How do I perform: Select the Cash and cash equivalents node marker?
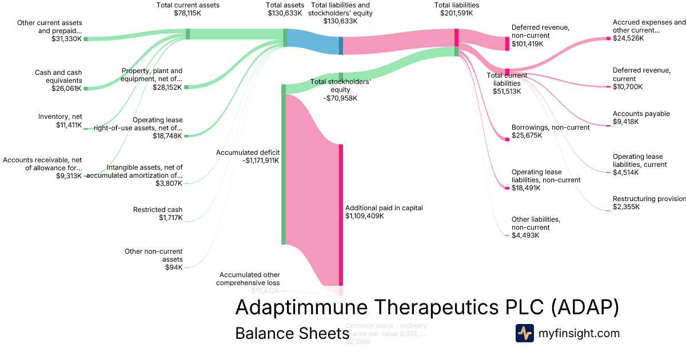[x=86, y=89]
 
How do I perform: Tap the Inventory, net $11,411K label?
[x=60, y=121]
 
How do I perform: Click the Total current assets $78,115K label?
[x=188, y=9]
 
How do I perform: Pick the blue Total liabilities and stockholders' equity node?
[x=341, y=45]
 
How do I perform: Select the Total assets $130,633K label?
[x=285, y=9]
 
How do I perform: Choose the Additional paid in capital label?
[x=384, y=208]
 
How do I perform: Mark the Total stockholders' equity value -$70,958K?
[x=340, y=98]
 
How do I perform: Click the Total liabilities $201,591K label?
[x=456, y=9]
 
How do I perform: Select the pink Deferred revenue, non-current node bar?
[x=507, y=43]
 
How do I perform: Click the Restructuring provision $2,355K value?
[x=626, y=207]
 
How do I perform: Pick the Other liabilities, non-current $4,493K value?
[x=525, y=235]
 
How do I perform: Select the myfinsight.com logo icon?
[x=524, y=333]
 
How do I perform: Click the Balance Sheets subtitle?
[x=292, y=334]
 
